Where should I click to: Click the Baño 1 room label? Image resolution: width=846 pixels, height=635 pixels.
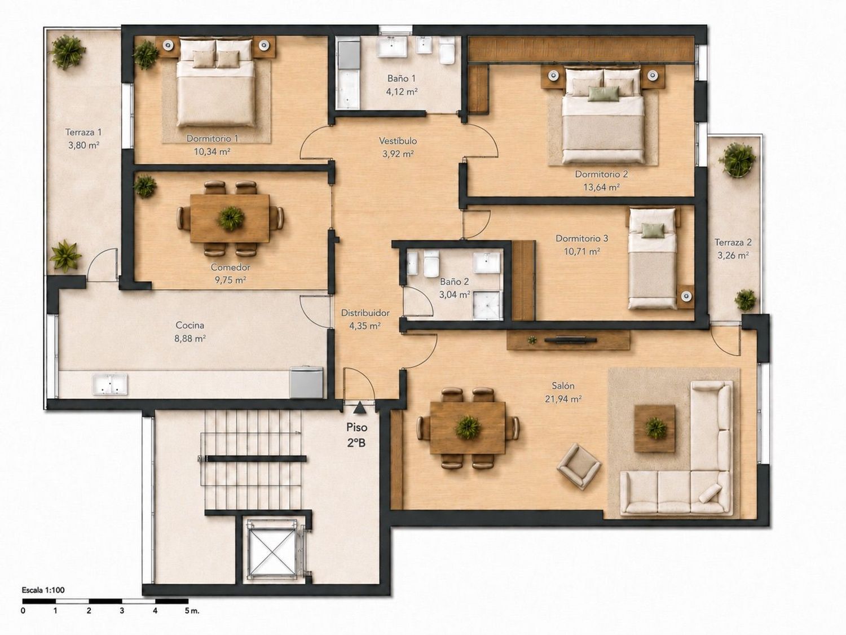(402, 78)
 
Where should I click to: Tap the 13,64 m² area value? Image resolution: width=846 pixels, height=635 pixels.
(601, 187)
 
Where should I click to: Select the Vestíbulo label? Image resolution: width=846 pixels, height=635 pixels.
(398, 141)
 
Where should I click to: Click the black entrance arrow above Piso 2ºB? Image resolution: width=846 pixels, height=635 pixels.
(359, 408)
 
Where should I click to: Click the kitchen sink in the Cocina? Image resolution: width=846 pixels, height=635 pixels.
(110, 384)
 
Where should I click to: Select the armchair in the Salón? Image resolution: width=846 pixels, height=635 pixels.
(579, 466)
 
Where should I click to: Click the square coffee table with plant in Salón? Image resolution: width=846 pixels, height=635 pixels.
(655, 428)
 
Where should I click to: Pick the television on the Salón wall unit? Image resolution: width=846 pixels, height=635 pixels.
(570, 340)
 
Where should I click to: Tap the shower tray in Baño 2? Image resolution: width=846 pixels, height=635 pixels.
(487, 305)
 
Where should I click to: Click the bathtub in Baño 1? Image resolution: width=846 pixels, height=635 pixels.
(349, 75)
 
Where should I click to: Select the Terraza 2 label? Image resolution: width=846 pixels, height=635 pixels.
(733, 242)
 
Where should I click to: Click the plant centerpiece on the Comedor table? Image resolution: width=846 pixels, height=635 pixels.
(231, 218)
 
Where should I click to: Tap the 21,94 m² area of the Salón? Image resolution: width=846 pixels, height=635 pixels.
(563, 399)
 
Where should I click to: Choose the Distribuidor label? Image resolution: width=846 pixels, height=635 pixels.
(365, 313)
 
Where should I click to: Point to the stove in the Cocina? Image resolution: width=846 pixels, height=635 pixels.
(307, 382)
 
